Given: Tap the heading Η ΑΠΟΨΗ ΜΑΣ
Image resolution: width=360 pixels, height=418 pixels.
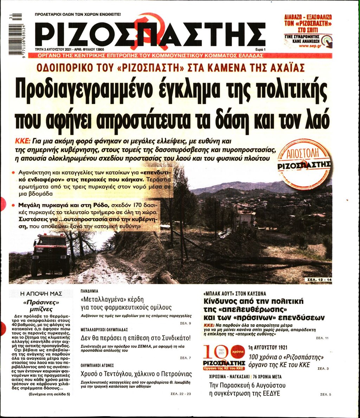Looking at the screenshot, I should (41, 293).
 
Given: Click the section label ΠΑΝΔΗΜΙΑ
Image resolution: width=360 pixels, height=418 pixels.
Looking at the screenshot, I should (89, 291).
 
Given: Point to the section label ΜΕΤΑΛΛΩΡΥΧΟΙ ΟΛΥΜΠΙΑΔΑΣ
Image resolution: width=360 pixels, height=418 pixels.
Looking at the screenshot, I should (104, 330).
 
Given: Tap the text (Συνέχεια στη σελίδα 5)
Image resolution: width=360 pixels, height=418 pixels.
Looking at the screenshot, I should (50, 394).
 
